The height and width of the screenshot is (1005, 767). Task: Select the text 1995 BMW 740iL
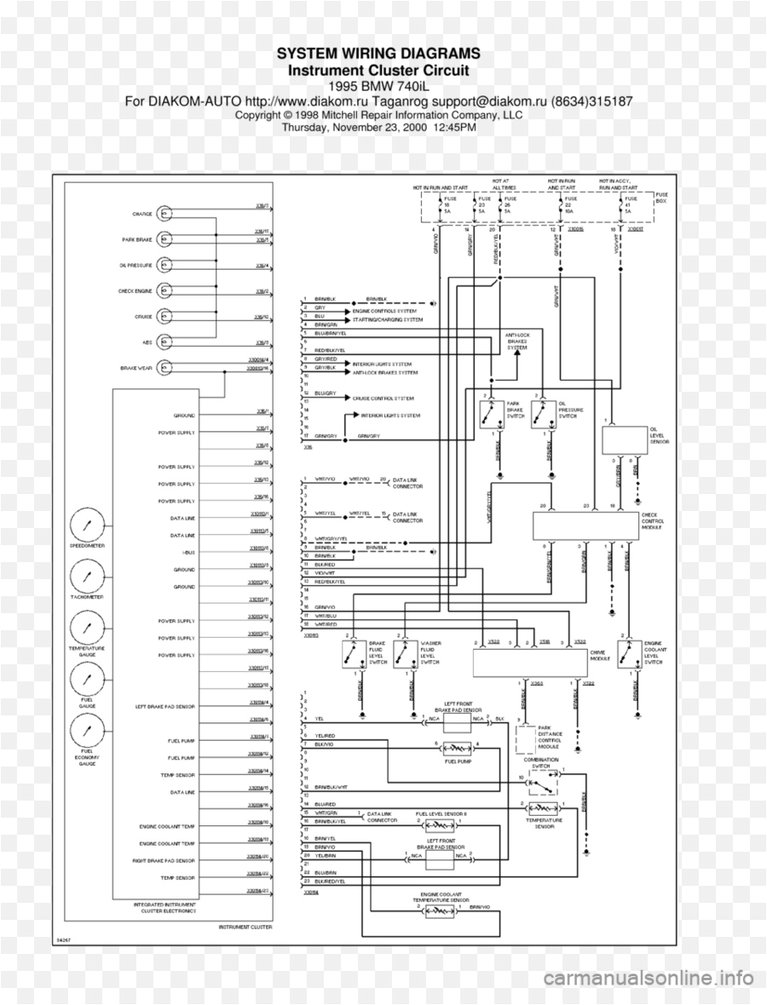(378, 85)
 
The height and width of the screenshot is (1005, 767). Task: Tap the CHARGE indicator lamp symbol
(166, 213)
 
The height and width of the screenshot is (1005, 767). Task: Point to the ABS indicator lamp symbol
(166, 343)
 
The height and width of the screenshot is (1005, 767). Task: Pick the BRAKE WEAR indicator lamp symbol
(166, 369)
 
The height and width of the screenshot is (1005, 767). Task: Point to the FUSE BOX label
(662, 198)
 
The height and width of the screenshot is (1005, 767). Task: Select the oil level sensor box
(623, 439)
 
